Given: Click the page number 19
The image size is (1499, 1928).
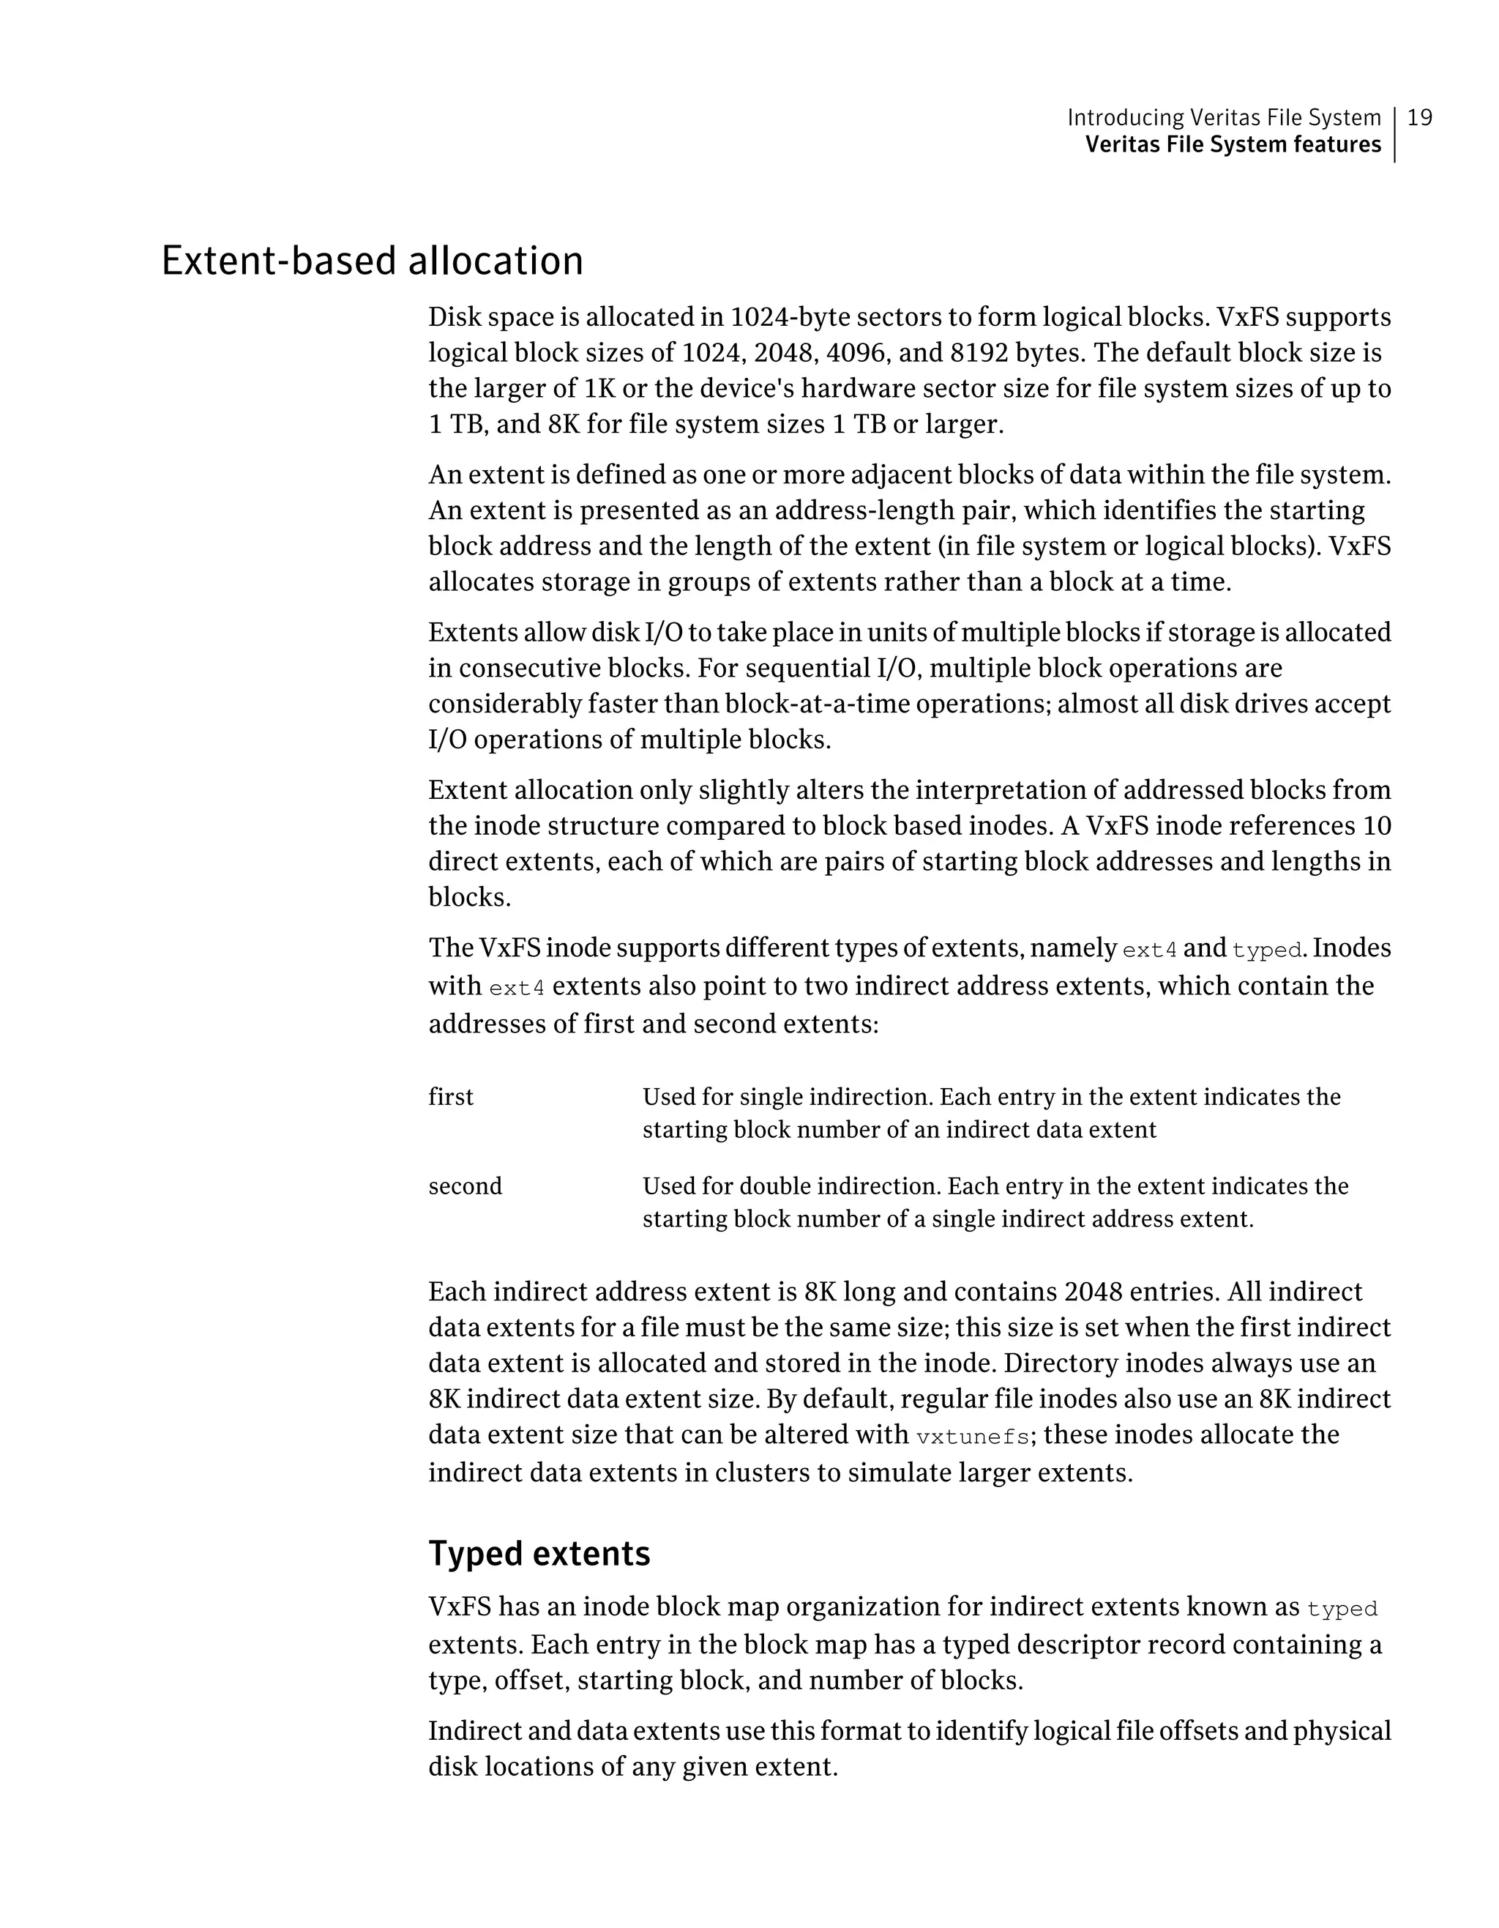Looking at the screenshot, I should click(x=1420, y=117).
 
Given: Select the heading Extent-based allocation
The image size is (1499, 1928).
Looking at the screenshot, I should click(x=373, y=261).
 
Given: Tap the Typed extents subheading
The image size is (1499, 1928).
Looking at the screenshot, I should click(x=539, y=1554).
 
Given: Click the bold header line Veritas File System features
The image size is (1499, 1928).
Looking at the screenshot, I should click(x=1233, y=145).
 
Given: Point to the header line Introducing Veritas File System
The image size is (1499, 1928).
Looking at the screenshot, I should click(x=1224, y=117).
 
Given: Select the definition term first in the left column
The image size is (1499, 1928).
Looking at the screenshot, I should click(x=451, y=1098).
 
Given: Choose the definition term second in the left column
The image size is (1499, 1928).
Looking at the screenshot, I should click(x=465, y=1186).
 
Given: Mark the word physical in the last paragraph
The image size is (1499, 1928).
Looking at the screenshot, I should click(x=1341, y=1731).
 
